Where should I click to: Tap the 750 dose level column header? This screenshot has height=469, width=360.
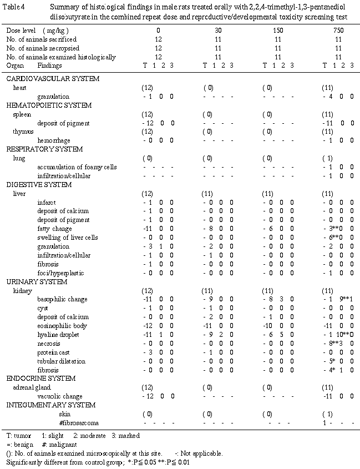(x=339, y=31)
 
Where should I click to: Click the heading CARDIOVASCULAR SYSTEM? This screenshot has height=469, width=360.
(x=44, y=79)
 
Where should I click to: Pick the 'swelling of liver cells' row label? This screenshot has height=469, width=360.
(x=68, y=238)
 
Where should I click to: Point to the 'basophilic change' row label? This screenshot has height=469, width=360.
(x=62, y=299)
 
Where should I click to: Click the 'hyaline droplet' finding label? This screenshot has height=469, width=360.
(x=58, y=335)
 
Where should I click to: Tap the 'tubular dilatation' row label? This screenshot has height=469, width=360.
(x=60, y=361)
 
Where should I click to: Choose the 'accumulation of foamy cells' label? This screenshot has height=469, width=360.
(x=77, y=167)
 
